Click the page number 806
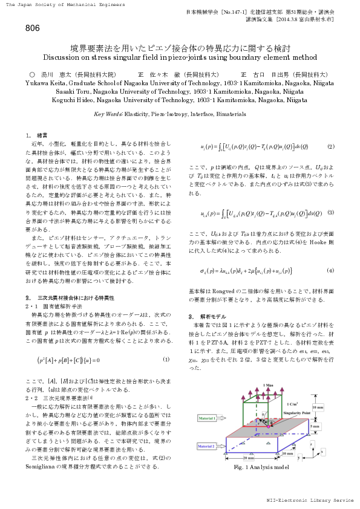(33, 28)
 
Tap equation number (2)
(330, 147)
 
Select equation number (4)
(330, 270)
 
